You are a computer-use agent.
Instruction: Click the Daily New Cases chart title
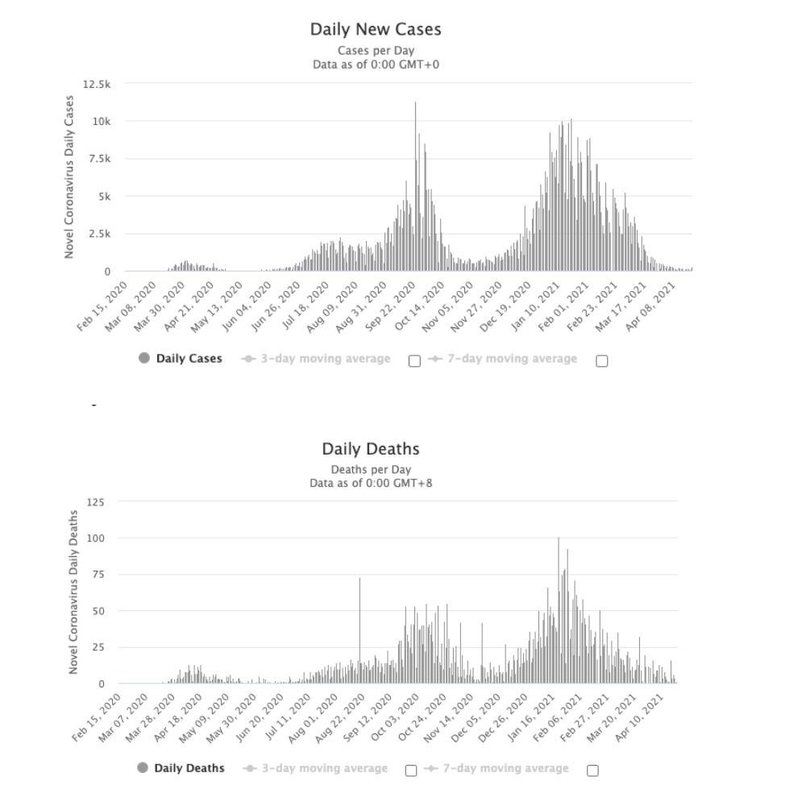[376, 30]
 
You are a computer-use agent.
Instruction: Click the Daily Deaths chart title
[371, 449]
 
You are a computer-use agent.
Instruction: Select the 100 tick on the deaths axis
[96, 538]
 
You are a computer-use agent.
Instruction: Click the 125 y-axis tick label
[96, 501]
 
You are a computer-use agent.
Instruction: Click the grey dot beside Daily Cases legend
[144, 359]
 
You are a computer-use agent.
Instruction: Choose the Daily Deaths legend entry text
[189, 768]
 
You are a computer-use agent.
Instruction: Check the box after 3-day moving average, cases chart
[414, 361]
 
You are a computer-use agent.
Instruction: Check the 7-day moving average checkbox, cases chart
[601, 361]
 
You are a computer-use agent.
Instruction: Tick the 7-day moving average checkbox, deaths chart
[592, 771]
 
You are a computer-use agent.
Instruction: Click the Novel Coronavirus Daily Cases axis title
[69, 177]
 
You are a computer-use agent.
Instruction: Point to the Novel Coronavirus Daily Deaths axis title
[73, 592]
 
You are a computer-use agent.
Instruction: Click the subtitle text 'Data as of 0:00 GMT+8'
[371, 483]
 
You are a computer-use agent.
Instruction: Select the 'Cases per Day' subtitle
[376, 51]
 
